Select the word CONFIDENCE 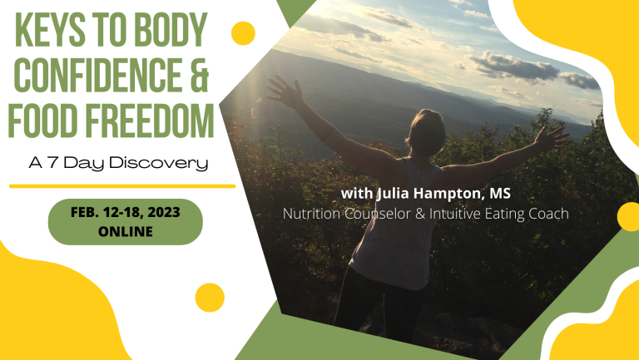pos(100,75)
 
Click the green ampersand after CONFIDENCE pos(200,75)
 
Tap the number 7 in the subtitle pos(52,163)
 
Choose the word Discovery pos(159,164)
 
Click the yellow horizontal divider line pos(122,186)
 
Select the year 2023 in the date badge pos(164,212)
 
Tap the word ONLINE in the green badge pos(126,231)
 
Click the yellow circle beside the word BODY pos(243,33)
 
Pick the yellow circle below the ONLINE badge pos(210,298)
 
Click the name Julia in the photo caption pos(394,194)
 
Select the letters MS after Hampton pos(500,193)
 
